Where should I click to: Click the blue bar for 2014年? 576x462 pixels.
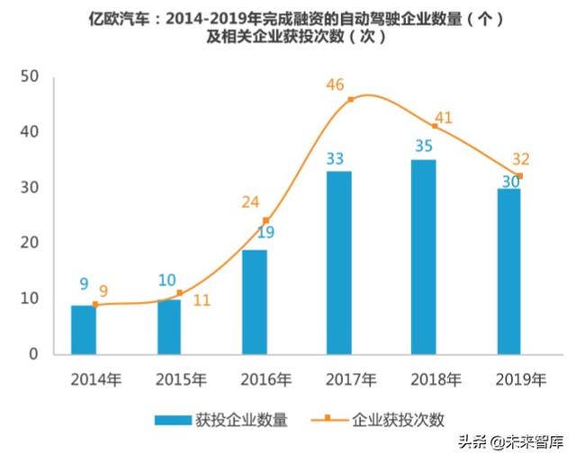(84, 329)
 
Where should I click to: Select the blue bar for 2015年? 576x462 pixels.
(168, 326)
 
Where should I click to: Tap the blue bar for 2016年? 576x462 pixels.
(254, 301)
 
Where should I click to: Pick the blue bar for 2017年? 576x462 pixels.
(339, 262)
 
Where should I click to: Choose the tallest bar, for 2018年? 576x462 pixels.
(423, 256)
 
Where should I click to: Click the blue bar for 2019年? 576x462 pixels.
(508, 271)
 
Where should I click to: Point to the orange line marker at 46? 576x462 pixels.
(350, 99)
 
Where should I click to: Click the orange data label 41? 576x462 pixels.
(443, 118)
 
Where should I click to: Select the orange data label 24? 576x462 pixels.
(250, 202)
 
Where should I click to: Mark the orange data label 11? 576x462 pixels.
(201, 300)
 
